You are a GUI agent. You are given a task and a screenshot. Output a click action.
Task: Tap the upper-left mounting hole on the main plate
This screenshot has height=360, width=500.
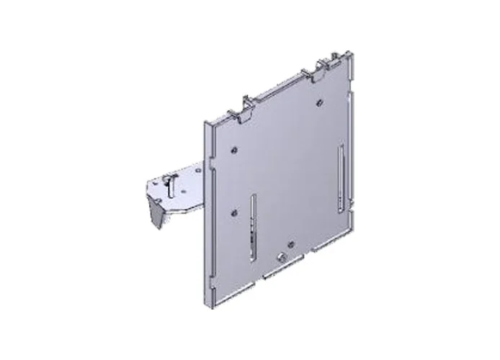236,150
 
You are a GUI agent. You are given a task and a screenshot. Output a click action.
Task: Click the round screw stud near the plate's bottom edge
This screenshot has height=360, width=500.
280,257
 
